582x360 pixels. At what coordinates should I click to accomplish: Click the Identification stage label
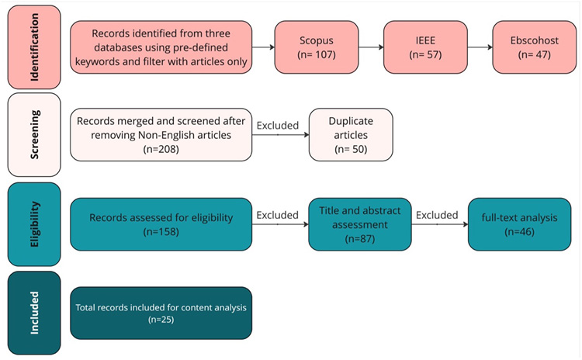coord(33,46)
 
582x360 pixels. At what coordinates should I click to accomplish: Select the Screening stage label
coord(33,135)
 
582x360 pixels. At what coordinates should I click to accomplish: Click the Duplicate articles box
coord(351,135)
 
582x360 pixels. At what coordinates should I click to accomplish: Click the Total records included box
coord(161,313)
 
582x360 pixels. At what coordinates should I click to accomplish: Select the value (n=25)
coord(161,319)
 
